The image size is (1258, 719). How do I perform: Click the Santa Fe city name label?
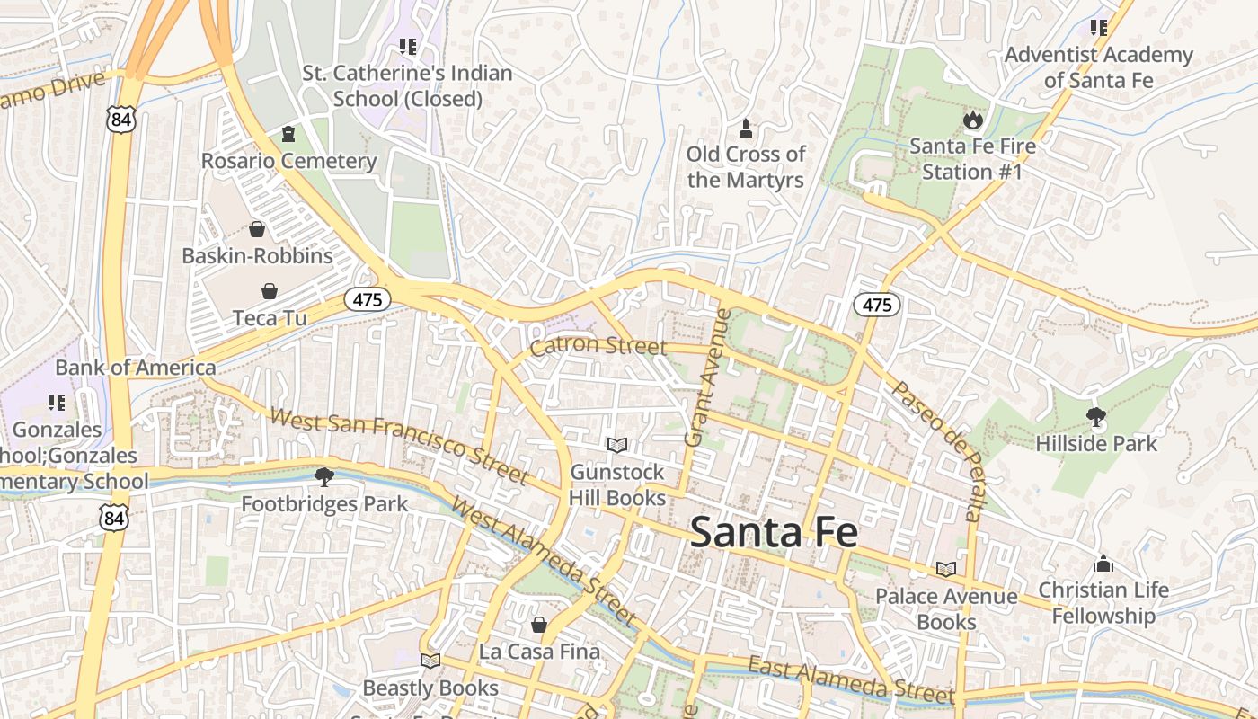click(x=774, y=532)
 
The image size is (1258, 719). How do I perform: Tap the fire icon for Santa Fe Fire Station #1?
click(x=972, y=120)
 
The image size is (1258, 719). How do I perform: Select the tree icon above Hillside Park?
click(x=1095, y=417)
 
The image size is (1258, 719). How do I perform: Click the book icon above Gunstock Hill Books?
click(x=616, y=445)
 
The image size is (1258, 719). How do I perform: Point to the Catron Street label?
click(x=598, y=346)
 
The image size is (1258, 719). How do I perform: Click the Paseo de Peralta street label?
click(x=935, y=449)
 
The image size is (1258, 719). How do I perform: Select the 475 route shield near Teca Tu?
click(x=368, y=300)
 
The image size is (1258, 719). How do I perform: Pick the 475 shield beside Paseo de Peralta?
click(x=876, y=305)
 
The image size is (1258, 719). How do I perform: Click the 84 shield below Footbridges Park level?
click(x=114, y=517)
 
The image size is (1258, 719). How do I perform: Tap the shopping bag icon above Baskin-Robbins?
click(x=257, y=229)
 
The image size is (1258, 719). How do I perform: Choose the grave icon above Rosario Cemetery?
click(x=288, y=135)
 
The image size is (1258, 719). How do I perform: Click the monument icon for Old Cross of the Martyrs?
click(x=745, y=128)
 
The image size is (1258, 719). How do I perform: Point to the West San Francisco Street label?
click(x=399, y=446)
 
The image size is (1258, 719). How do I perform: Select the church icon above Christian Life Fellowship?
click(x=1103, y=564)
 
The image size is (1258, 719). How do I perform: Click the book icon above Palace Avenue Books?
click(x=945, y=569)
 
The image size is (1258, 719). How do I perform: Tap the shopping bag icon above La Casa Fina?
click(x=538, y=625)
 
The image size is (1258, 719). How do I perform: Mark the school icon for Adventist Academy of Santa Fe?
click(x=1098, y=28)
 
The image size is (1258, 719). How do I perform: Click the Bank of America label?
click(x=136, y=368)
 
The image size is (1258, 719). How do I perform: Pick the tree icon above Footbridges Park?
click(x=323, y=476)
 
